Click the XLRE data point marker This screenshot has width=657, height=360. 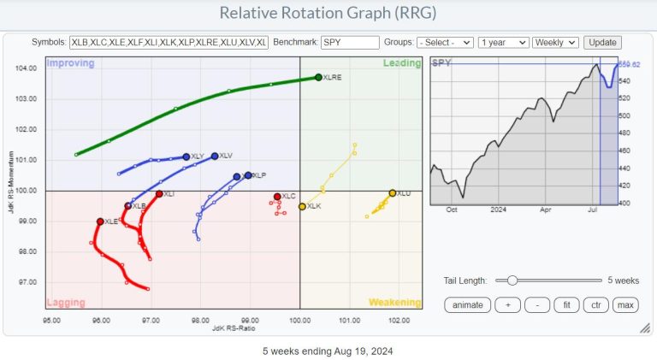tap(318, 77)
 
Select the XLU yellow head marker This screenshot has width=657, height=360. tap(393, 193)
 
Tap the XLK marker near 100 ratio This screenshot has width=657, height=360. tap(302, 207)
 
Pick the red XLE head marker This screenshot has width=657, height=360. tap(100, 221)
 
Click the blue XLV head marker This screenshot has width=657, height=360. tap(215, 156)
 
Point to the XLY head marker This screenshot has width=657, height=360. tap(186, 156)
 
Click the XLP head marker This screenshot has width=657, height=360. tap(248, 175)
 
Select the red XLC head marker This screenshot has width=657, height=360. tap(277, 197)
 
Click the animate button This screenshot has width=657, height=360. tap(468, 305)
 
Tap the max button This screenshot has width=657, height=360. tap(626, 305)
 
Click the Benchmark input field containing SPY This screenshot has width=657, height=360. tap(350, 42)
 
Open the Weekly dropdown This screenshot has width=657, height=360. tap(555, 42)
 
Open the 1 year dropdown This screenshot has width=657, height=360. tap(502, 42)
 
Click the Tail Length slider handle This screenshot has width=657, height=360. tap(512, 280)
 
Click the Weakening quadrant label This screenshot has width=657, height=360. tap(394, 302)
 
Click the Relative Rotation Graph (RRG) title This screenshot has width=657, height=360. tap(328, 13)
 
